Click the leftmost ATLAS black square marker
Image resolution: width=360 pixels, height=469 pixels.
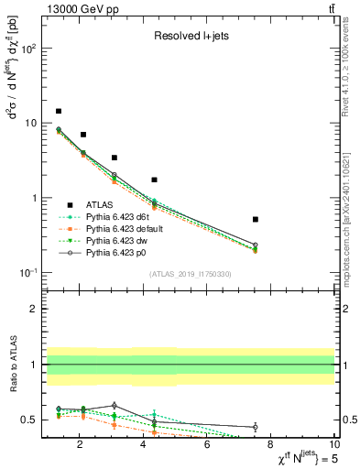pyautogui.click(x=59, y=111)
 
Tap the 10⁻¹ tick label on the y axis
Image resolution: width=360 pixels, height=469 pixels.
pyautogui.click(x=27, y=273)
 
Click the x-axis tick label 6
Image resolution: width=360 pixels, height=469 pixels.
pyautogui.click(x=207, y=446)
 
